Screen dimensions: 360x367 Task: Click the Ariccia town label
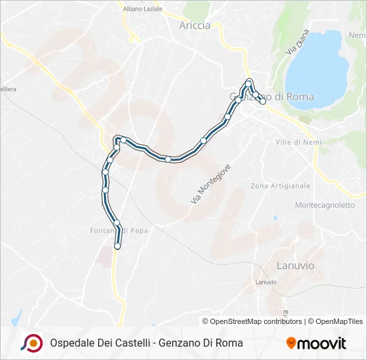pos(195,25)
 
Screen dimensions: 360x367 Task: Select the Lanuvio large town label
pos(294,265)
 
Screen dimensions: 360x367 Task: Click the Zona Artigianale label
pos(280,185)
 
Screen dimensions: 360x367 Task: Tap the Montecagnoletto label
pos(325,205)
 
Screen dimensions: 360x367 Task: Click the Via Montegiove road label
pos(210,184)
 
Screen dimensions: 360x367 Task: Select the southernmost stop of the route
pos(117,246)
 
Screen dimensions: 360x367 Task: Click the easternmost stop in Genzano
pos(263,101)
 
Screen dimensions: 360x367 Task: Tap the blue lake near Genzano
pos(318,67)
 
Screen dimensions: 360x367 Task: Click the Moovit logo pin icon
pos(291,343)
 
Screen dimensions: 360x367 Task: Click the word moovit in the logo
pos(322,343)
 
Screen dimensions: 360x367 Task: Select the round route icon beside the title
pos(32,343)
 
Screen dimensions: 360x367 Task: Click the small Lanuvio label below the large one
pos(266,282)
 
